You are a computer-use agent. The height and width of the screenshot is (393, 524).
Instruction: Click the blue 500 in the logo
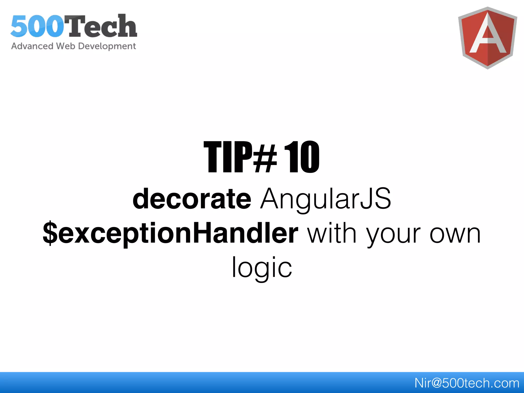pos(37,26)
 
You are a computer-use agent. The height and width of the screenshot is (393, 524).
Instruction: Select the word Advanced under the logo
pos(32,46)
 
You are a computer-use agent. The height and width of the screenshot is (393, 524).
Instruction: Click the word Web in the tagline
pos(65,46)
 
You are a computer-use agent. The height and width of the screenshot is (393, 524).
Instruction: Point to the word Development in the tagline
pos(107,46)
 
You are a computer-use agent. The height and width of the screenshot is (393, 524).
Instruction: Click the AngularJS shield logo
pos(487,38)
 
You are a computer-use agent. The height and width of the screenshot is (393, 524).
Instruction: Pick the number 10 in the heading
pos(302,157)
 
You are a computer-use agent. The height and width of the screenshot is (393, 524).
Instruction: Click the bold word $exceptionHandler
pos(170,233)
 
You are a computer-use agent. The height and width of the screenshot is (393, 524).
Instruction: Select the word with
pos(332,233)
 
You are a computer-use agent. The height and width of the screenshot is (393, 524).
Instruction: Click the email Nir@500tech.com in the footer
pos(467,383)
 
